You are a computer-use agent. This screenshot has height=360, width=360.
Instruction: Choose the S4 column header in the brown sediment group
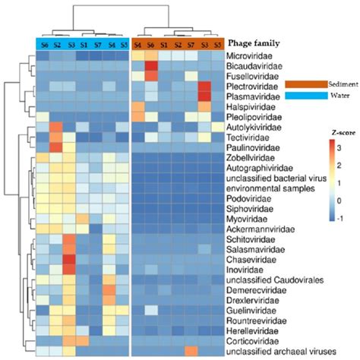click(x=137, y=44)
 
